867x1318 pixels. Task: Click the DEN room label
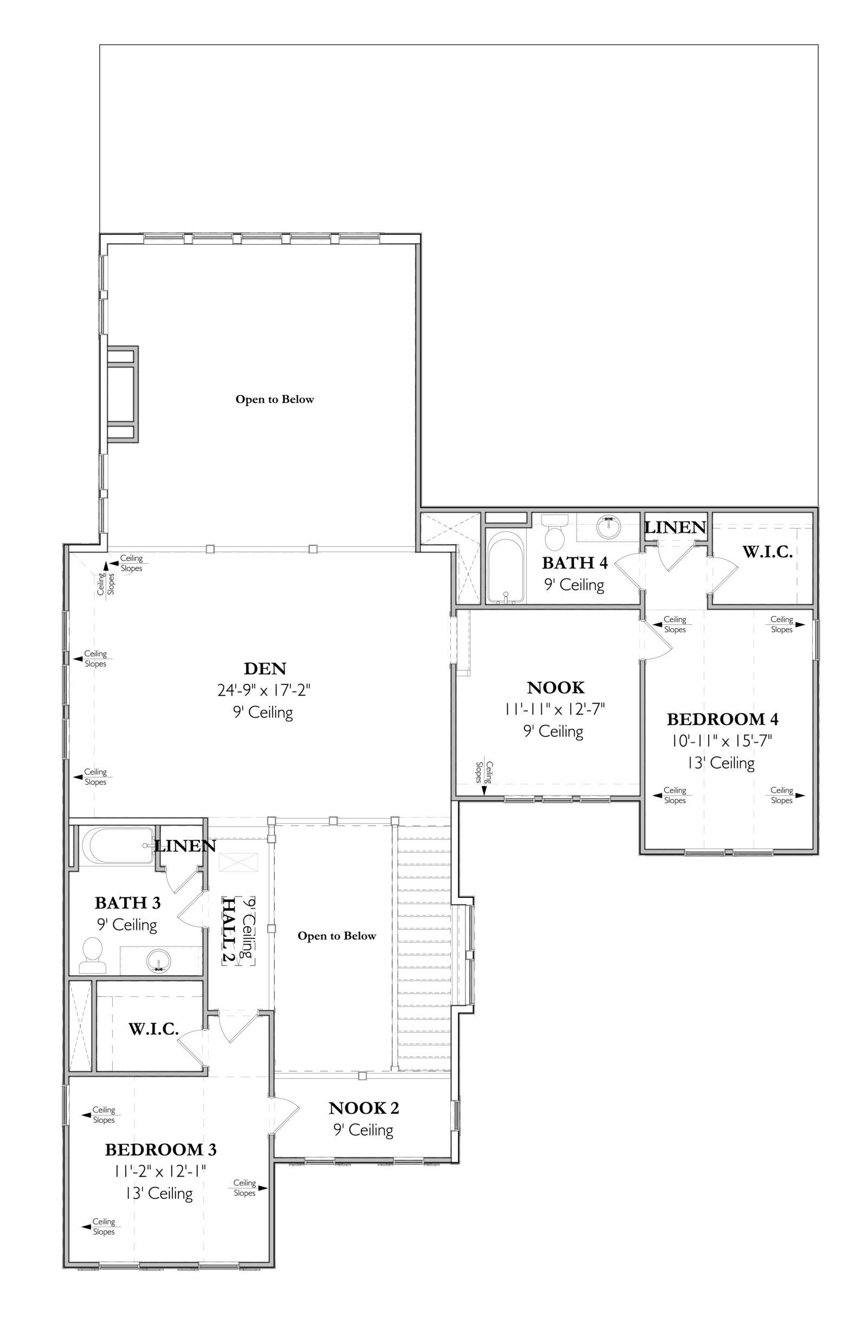click(265, 668)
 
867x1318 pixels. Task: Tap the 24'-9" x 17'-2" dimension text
click(264, 690)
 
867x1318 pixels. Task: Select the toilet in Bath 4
click(554, 531)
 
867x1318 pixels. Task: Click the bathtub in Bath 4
click(506, 567)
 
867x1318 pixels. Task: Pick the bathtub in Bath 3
click(118, 846)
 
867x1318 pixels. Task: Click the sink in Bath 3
click(159, 961)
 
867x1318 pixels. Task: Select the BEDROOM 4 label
click(722, 719)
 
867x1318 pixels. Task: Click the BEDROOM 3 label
click(160, 1150)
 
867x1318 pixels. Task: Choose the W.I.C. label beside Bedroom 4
click(767, 552)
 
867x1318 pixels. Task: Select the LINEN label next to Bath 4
click(675, 527)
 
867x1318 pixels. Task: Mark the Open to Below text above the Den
click(275, 399)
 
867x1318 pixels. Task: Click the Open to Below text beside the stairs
click(337, 936)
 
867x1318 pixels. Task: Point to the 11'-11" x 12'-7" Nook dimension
click(554, 709)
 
